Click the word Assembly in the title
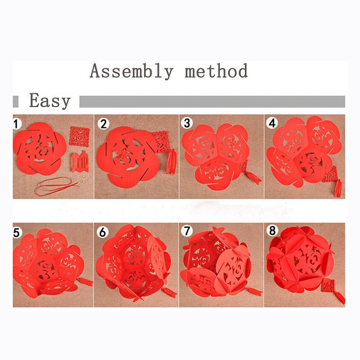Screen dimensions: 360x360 pyautogui.click(x=131, y=71)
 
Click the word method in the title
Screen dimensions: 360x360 pyautogui.click(x=216, y=71)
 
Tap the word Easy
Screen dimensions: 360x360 pyautogui.click(x=50, y=101)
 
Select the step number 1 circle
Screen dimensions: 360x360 pyautogui.click(x=16, y=124)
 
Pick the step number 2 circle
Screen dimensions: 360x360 pyautogui.click(x=103, y=124)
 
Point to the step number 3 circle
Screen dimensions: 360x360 pyautogui.click(x=187, y=123)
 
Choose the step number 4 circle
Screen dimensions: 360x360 pyautogui.click(x=272, y=123)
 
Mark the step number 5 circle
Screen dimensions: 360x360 pyautogui.click(x=16, y=233)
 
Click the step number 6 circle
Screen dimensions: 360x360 pyautogui.click(x=103, y=232)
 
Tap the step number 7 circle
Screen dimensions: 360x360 pyautogui.click(x=187, y=231)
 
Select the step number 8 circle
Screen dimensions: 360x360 pyautogui.click(x=272, y=230)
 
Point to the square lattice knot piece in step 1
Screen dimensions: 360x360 pyautogui.click(x=80, y=136)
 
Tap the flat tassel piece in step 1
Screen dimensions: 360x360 pyautogui.click(x=80, y=162)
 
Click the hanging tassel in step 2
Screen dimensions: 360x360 pyautogui.click(x=171, y=162)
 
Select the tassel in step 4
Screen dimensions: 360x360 pyautogui.click(x=338, y=188)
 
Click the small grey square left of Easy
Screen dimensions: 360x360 pyautogui.click(x=16, y=102)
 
